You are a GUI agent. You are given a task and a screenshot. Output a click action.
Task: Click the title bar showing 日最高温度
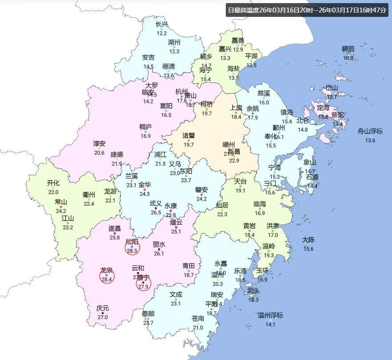pyautogui.click(x=307, y=10)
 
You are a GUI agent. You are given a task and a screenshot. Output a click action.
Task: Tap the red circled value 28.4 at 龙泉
pyautogui.click(x=107, y=280)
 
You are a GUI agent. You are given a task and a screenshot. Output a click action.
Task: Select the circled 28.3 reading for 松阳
pyautogui.click(x=132, y=251)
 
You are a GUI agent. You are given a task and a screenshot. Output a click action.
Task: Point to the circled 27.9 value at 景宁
pyautogui.click(x=143, y=287)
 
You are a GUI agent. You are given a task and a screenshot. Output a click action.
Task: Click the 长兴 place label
pyautogui.click(x=162, y=24)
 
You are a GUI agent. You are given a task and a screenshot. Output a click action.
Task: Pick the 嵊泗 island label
pyautogui.click(x=348, y=49)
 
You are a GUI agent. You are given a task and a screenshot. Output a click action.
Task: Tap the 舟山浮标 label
pyautogui.click(x=370, y=131)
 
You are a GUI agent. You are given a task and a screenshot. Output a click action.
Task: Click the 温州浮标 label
pyautogui.click(x=270, y=316)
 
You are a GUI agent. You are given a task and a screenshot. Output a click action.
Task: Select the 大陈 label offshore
pyautogui.click(x=308, y=240)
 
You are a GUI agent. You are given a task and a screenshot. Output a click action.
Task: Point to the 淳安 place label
pyautogui.click(x=99, y=143)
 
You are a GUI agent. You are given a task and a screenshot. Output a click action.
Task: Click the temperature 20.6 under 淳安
pyautogui.click(x=99, y=153)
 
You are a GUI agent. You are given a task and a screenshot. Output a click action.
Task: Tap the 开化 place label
pyautogui.click(x=53, y=182)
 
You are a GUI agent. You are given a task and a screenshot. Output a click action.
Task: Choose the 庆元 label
pyautogui.click(x=103, y=308)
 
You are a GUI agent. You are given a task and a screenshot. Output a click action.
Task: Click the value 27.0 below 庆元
pyautogui.click(x=103, y=317)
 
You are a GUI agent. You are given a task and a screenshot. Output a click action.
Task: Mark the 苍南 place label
pyautogui.click(x=198, y=318)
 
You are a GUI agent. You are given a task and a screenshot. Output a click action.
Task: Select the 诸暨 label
pyautogui.click(x=189, y=135)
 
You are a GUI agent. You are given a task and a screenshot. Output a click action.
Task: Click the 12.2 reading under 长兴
pyautogui.click(x=162, y=33)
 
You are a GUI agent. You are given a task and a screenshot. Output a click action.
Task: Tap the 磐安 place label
pyautogui.click(x=201, y=190)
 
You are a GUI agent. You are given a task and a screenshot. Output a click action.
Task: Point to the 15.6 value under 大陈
pyautogui.click(x=308, y=249)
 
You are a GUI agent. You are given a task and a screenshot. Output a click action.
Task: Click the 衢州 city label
pyautogui.click(x=89, y=194)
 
